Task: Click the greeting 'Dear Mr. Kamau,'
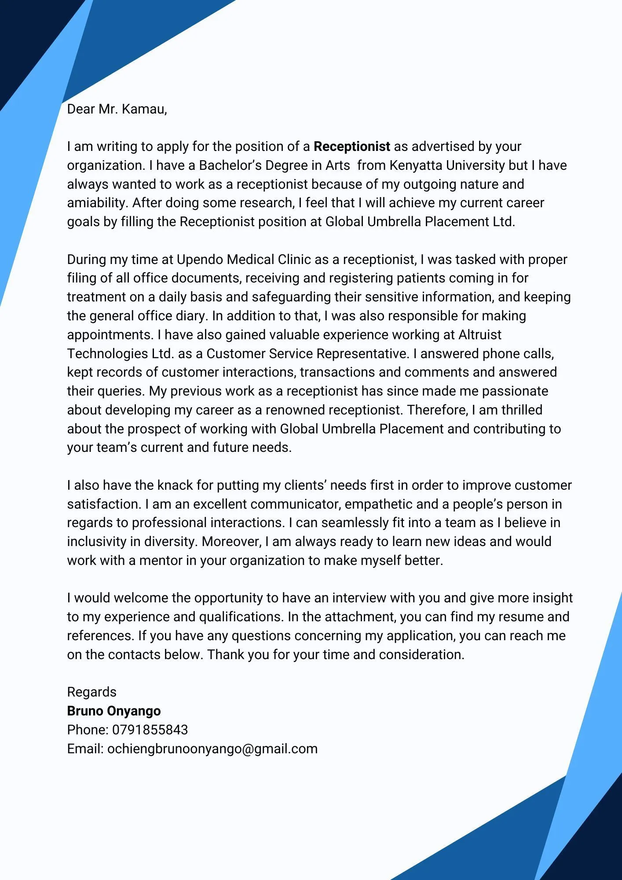pos(117,109)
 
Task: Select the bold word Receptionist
pos(351,147)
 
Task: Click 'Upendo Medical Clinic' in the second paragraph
pos(244,260)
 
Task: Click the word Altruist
pos(480,335)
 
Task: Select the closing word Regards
pos(91,692)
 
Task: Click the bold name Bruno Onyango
pos(114,711)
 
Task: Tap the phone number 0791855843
pos(150,730)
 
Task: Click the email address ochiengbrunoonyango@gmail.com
pos(212,749)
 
